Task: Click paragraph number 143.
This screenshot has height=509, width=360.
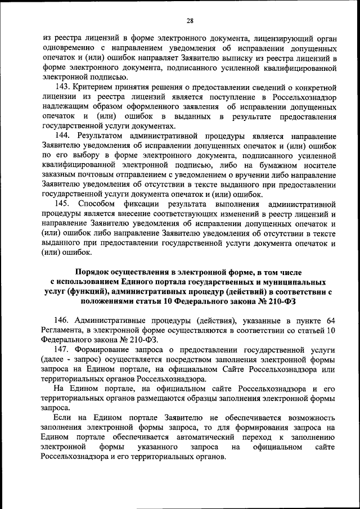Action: [62, 87]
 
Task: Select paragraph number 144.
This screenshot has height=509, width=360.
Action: [62, 136]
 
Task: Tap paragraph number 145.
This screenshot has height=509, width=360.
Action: [62, 204]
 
